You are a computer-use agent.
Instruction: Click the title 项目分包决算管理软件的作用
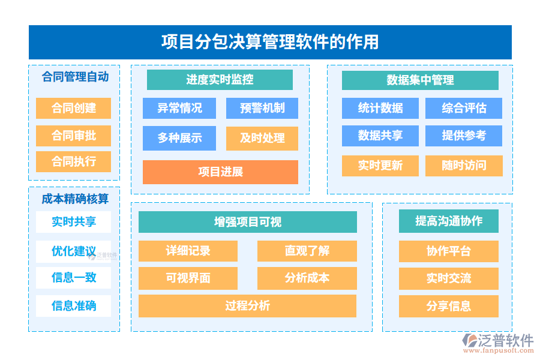[x=270, y=42]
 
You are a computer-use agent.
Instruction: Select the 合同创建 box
[x=73, y=108]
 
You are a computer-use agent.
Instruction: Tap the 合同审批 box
[x=73, y=136]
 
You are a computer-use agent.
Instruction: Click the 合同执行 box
[x=73, y=161]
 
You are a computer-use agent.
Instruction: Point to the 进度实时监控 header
[x=220, y=79]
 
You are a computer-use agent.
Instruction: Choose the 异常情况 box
[x=179, y=108]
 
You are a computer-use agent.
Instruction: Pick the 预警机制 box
[x=262, y=108]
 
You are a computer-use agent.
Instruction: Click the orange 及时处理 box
[x=262, y=138]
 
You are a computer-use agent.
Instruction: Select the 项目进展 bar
[x=220, y=172]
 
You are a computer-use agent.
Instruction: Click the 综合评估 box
[x=464, y=108]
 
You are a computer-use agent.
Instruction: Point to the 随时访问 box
[x=464, y=166]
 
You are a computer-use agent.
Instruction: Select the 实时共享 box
[x=73, y=222]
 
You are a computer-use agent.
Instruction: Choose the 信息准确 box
[x=73, y=306]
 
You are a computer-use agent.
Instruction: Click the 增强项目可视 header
[x=247, y=222]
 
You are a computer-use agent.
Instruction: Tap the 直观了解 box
[x=307, y=251]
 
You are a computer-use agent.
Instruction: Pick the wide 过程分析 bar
[x=247, y=306]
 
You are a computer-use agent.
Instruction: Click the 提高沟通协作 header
[x=449, y=221]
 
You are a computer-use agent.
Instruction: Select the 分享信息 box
[x=449, y=306]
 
